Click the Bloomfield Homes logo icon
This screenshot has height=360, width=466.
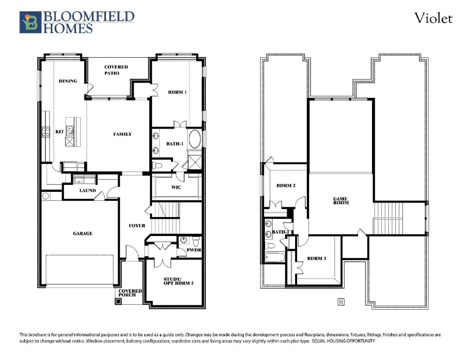coord(30,22)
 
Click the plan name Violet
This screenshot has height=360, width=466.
coord(433,18)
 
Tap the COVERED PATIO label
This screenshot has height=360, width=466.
coord(116,70)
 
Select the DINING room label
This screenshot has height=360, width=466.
coord(68,81)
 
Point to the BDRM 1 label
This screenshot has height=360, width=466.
coord(177,92)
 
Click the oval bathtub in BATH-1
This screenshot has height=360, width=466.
coord(195,139)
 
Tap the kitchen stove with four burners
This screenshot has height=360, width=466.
coord(46,132)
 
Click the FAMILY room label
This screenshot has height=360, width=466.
coord(122,134)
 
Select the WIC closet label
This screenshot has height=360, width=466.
coord(176,188)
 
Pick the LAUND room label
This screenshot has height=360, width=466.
coord(87,190)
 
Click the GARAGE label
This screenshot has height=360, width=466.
coord(83,233)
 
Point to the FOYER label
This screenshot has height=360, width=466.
coord(137,226)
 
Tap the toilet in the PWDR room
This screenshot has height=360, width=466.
coord(196,241)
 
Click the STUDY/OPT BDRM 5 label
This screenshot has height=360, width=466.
coord(178,281)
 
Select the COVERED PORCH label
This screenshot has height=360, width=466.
coord(130,293)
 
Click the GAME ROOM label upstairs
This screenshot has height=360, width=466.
coord(341,201)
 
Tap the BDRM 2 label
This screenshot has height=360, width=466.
coord(286,186)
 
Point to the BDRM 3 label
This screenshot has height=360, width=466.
coord(316,258)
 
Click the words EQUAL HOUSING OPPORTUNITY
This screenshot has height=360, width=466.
coord(344,341)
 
